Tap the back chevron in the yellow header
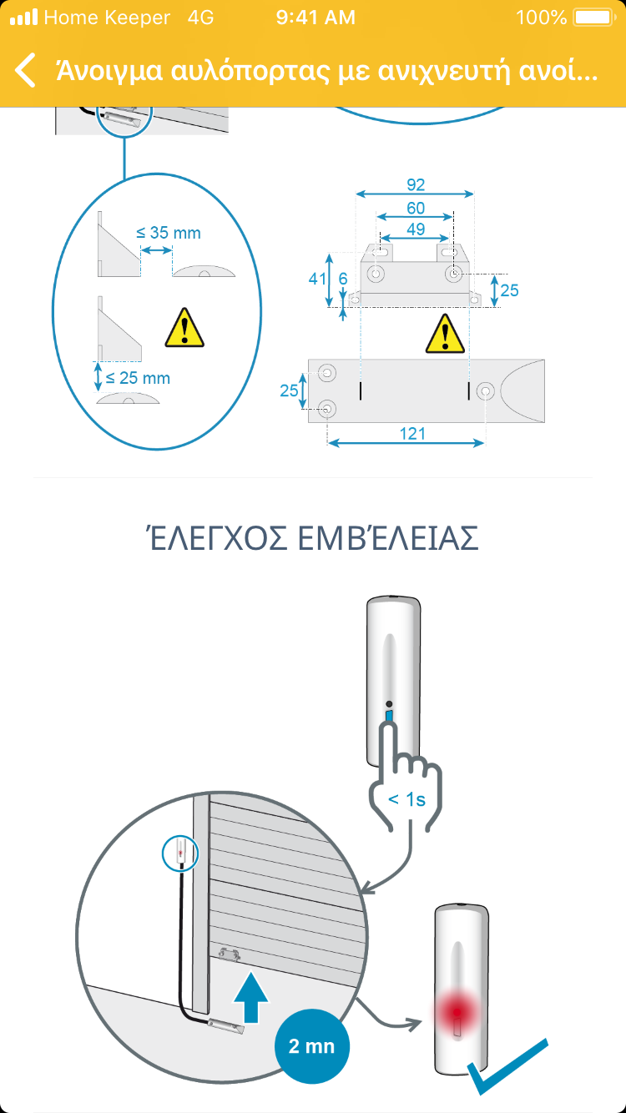point(25,70)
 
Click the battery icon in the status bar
point(594,18)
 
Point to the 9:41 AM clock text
point(316,18)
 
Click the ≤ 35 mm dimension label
point(169,233)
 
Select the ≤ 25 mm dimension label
point(138,378)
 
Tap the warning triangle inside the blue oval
point(184,327)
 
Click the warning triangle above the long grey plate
point(445,334)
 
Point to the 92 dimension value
point(416,185)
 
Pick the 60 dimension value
point(416,208)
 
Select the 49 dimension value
point(416,229)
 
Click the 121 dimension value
point(412,434)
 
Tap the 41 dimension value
point(317,279)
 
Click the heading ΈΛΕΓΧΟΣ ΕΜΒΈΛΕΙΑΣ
point(313,537)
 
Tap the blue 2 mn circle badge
point(312,1046)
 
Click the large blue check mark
point(507,1066)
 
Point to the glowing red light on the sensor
point(457,1012)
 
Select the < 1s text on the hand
point(406,799)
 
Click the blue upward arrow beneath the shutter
point(251,997)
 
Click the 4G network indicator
point(201,18)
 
